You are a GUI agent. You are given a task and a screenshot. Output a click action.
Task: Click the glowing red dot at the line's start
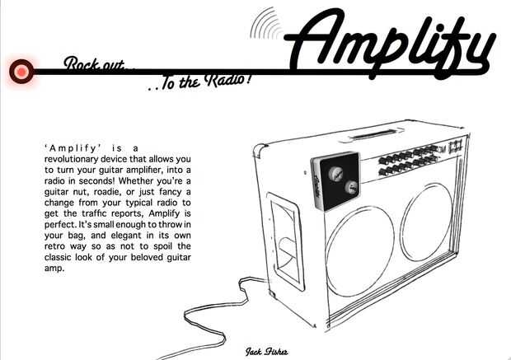coord(21,72)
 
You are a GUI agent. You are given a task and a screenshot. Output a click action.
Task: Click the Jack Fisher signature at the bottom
coord(266,351)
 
